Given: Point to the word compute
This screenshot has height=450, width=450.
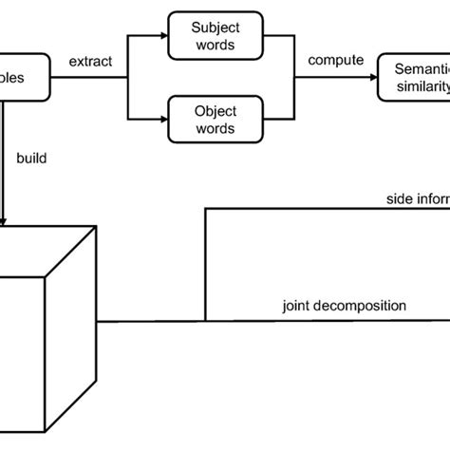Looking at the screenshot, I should click(336, 60).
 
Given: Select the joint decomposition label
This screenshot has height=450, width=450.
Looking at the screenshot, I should click(344, 307).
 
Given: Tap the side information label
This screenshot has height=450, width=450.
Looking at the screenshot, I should click(417, 200).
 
